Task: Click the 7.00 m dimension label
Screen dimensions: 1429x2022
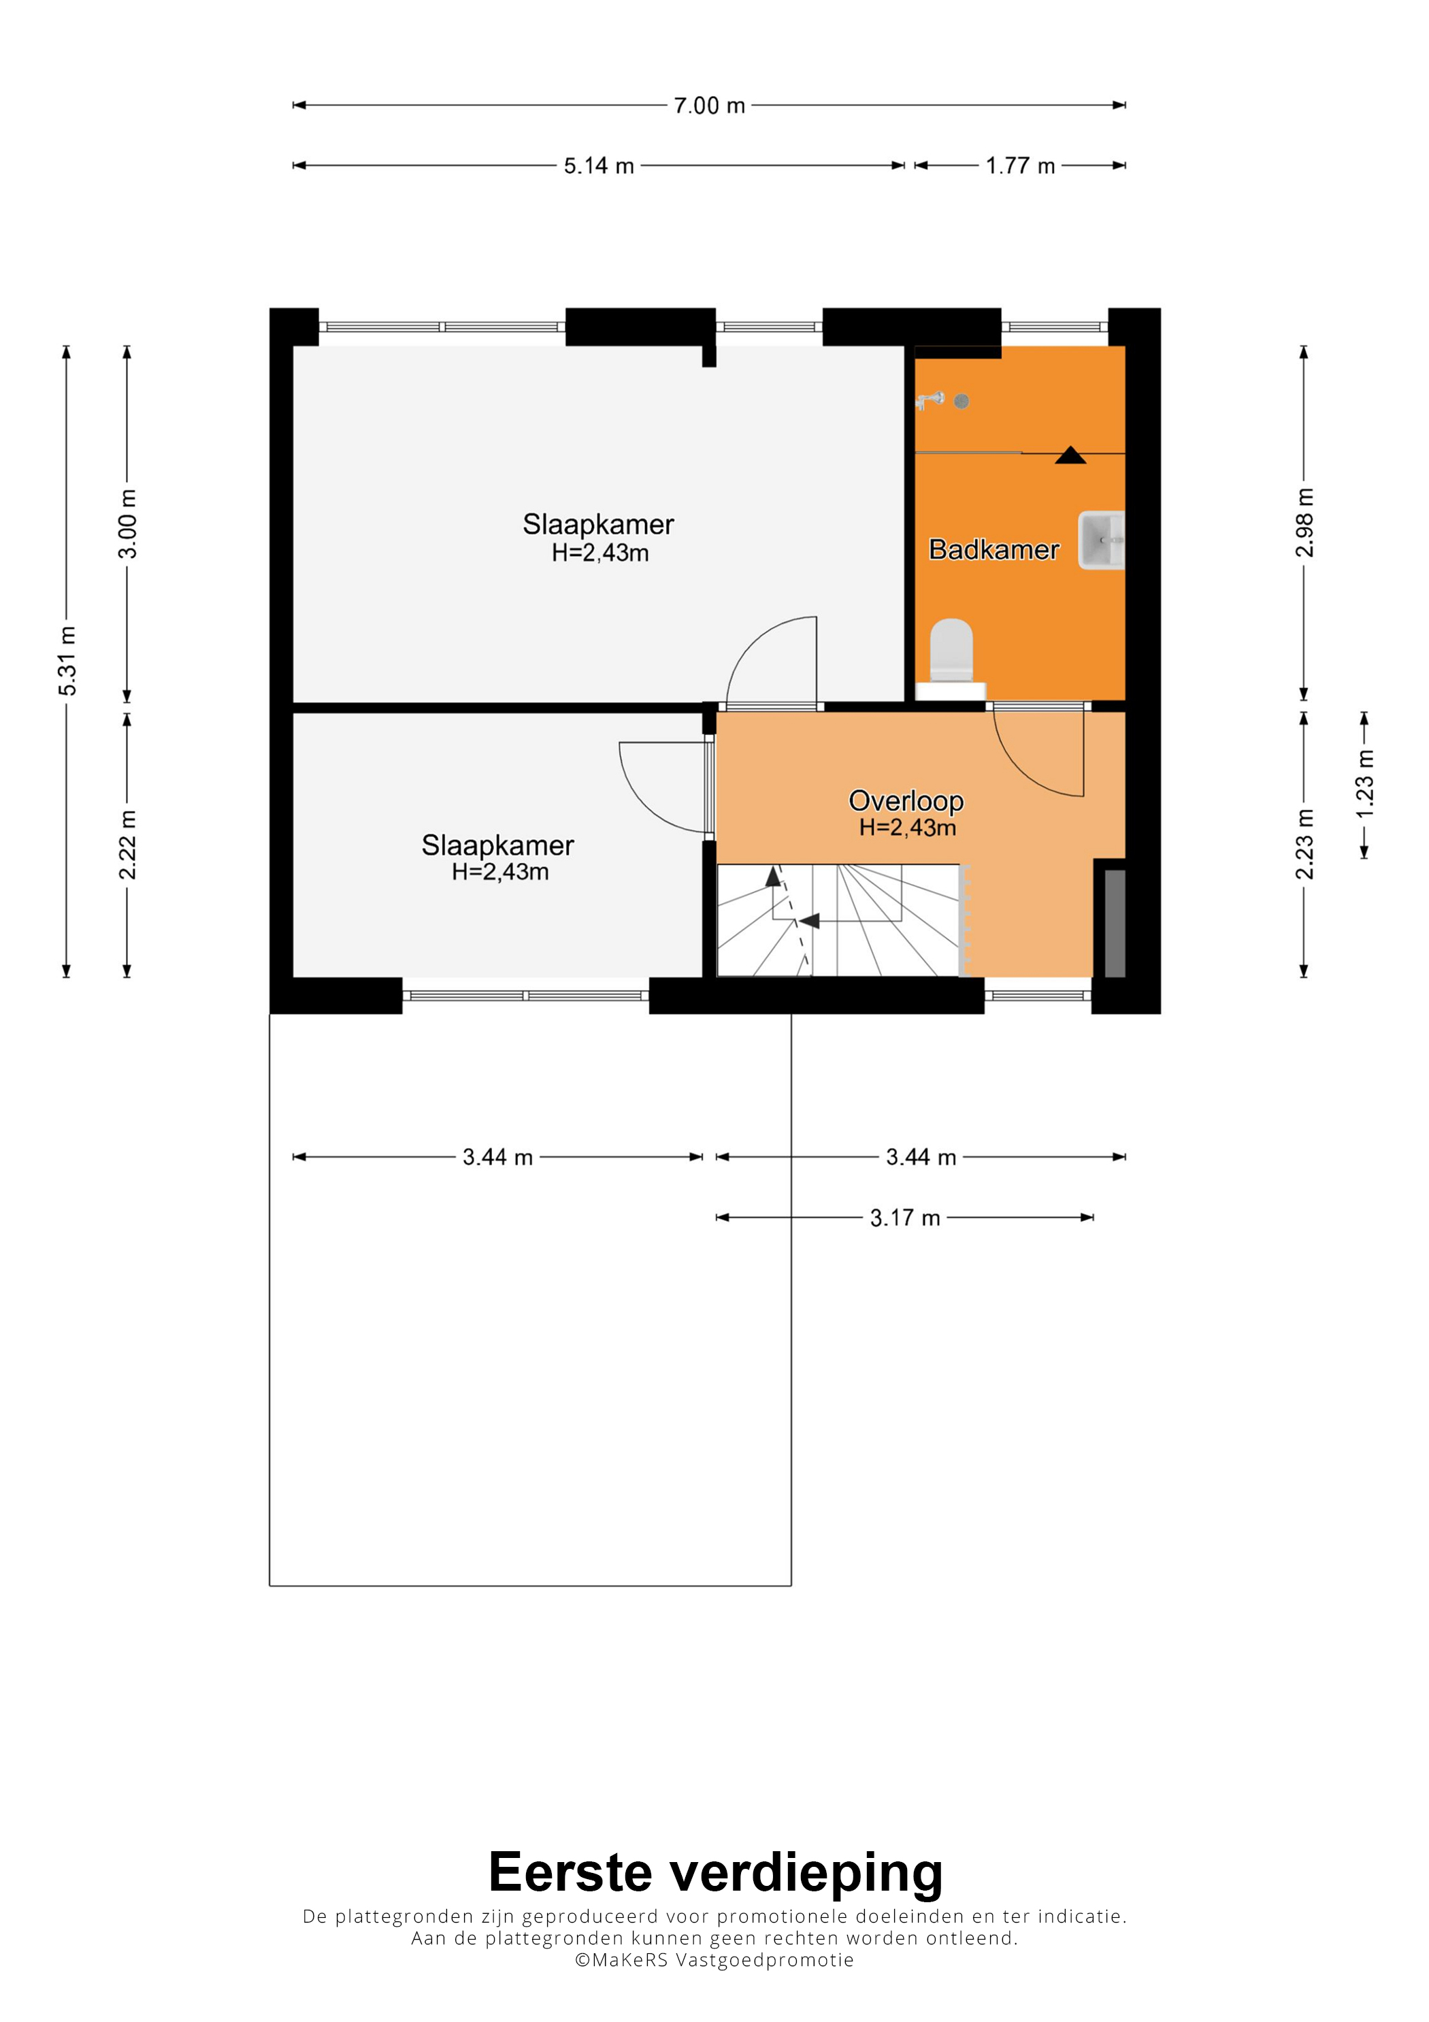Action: [x=709, y=105]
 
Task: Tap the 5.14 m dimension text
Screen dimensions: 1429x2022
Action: [x=599, y=165]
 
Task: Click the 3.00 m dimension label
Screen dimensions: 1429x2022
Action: [x=128, y=524]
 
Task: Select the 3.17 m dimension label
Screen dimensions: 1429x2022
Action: [x=905, y=1218]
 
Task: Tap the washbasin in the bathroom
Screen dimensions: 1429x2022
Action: [x=1102, y=540]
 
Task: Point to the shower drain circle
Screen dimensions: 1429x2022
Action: [x=962, y=402]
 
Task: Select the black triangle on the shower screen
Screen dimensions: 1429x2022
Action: [x=1070, y=455]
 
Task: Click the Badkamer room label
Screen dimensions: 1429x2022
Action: [x=994, y=549]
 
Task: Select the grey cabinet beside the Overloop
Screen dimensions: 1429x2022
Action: [x=1115, y=923]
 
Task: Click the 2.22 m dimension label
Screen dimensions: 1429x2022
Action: [x=128, y=845]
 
